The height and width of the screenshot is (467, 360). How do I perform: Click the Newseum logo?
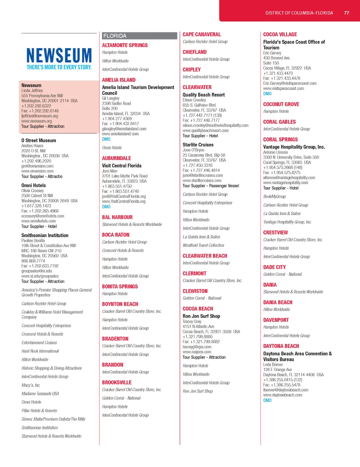point(59,59)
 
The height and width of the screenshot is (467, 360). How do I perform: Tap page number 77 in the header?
point(347,13)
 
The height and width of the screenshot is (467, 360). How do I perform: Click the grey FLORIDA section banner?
point(140,36)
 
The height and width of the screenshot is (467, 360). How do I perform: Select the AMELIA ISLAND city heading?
point(119,80)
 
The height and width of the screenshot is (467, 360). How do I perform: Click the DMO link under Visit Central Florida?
point(106,207)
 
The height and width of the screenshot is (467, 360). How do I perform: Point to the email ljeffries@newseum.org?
point(40,116)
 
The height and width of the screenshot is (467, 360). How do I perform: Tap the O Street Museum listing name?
point(39,141)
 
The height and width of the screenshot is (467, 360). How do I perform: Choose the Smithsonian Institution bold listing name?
point(45,235)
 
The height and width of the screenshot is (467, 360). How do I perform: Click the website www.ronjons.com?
point(197,352)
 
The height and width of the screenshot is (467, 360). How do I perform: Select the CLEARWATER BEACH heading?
point(205,256)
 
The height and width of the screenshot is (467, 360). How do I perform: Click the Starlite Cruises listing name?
point(198,145)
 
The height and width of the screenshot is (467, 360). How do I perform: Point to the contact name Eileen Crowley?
point(194,100)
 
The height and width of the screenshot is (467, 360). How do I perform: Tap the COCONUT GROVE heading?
point(281,104)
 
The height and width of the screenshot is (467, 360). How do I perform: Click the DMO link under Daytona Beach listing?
point(268,400)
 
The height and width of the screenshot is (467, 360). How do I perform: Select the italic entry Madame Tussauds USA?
point(40,394)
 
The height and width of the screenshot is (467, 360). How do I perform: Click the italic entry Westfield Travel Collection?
point(204,245)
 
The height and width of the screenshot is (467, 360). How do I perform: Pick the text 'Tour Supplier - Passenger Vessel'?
point(211,186)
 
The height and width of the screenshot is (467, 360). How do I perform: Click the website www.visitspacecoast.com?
point(284,89)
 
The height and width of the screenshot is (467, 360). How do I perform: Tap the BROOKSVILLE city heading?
point(117,382)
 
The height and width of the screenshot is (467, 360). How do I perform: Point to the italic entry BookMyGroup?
point(275,196)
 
